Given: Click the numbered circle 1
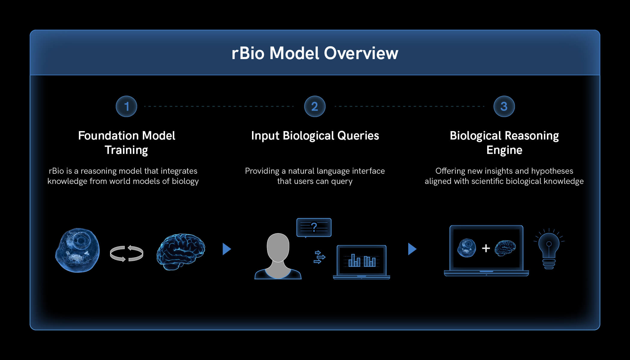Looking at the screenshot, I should [x=126, y=106].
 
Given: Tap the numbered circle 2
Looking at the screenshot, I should [x=315, y=106].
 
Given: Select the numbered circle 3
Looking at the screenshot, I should [x=504, y=106].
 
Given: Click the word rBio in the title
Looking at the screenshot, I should [x=248, y=53].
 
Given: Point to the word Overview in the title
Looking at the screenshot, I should [x=361, y=53].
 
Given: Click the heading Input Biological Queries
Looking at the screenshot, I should [x=315, y=136].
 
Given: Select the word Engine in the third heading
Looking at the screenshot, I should [x=504, y=150].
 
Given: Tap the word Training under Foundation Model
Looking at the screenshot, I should [x=126, y=150].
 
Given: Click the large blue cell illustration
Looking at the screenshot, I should [x=77, y=250].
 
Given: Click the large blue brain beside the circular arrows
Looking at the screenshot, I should [x=181, y=251].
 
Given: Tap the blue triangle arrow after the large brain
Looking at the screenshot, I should [x=226, y=249].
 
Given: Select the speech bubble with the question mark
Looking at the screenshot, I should [x=314, y=227].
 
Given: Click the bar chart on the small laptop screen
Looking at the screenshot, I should [x=361, y=260].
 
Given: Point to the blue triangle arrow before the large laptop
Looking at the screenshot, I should [x=412, y=249].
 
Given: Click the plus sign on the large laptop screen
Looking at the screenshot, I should [x=486, y=248].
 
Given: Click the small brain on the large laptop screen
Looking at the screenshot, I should [x=505, y=248].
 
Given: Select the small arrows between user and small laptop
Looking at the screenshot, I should [x=319, y=257].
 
